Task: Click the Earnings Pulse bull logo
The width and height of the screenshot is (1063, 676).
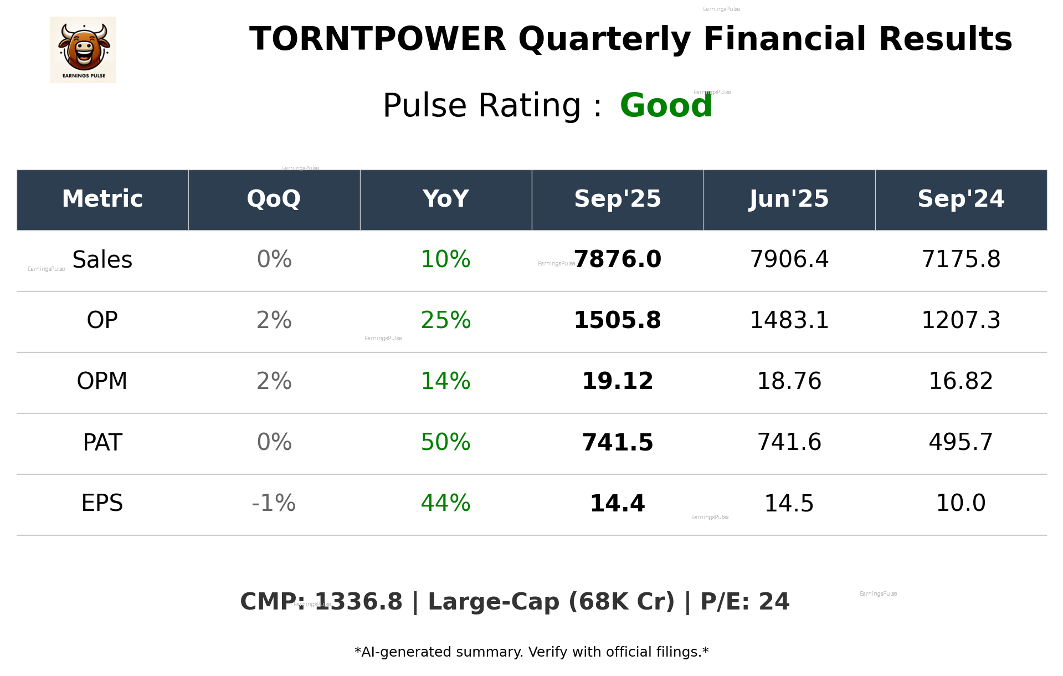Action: [x=83, y=49]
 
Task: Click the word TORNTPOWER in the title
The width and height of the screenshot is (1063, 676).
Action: [x=377, y=39]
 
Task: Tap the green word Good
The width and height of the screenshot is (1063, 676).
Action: [x=666, y=105]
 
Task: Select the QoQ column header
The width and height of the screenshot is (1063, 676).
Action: [x=274, y=199]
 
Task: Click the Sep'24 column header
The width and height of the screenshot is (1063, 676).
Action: [x=961, y=199]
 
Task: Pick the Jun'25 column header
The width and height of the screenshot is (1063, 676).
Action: [x=789, y=199]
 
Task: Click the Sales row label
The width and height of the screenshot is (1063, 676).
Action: [x=102, y=259]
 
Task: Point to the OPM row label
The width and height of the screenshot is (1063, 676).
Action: [x=102, y=381]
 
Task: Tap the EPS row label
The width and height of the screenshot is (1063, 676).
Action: [x=102, y=503]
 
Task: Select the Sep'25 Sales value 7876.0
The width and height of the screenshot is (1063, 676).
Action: [x=618, y=259]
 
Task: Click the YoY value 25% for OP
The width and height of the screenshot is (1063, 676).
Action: [x=445, y=320]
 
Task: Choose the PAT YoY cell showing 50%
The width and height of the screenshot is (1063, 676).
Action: [x=445, y=442]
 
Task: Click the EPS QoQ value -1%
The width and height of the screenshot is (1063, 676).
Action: [x=274, y=503]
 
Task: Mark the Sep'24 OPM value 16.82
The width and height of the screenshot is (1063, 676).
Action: [x=961, y=381]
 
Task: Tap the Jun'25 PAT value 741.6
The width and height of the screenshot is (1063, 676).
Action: [x=789, y=442]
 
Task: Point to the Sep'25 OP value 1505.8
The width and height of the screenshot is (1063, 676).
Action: [x=617, y=320]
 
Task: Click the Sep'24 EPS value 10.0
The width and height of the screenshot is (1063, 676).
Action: [x=961, y=503]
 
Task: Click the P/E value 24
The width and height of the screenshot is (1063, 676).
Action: [x=774, y=602]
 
